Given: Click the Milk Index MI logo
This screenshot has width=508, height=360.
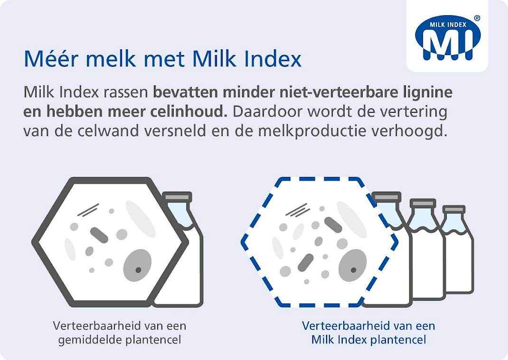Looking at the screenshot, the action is (447, 38).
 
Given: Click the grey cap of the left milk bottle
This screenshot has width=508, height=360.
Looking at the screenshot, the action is (177, 197).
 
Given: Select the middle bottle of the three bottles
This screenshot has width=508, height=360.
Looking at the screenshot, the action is (425, 249).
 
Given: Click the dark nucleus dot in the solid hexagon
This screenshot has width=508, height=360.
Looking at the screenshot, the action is (138, 270).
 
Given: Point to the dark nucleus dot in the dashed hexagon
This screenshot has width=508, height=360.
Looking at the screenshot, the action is (353, 270).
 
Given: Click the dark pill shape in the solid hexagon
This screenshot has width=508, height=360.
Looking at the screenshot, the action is (99, 235).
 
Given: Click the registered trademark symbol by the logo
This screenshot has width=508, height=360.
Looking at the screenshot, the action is (477, 18).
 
